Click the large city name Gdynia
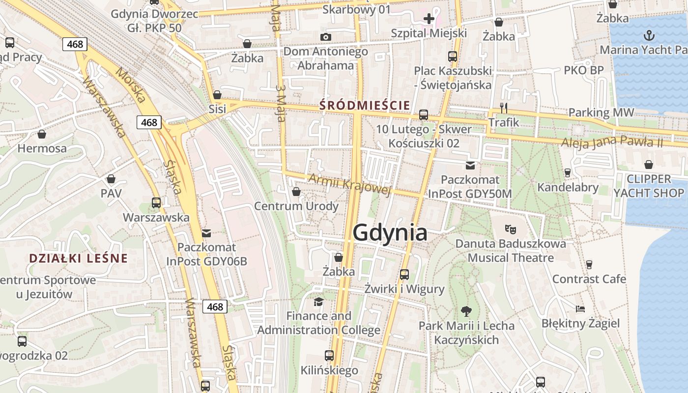[x=390, y=232]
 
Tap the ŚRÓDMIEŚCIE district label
[x=364, y=105]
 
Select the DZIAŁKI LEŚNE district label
[x=78, y=258]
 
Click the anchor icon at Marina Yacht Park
[x=649, y=35]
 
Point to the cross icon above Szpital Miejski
[x=429, y=19]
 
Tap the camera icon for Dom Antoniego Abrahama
[x=325, y=37]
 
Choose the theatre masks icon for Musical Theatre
[x=511, y=228]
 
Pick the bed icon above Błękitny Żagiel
[x=580, y=309]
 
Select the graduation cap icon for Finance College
[x=318, y=301]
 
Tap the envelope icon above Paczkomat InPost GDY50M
[x=470, y=165]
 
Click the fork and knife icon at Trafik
[x=503, y=108]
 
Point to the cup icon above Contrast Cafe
[x=589, y=265]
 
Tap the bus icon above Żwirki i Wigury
[x=404, y=275]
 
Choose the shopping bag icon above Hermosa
[x=42, y=134]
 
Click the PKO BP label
[x=583, y=70]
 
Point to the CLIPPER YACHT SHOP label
[x=649, y=186]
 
